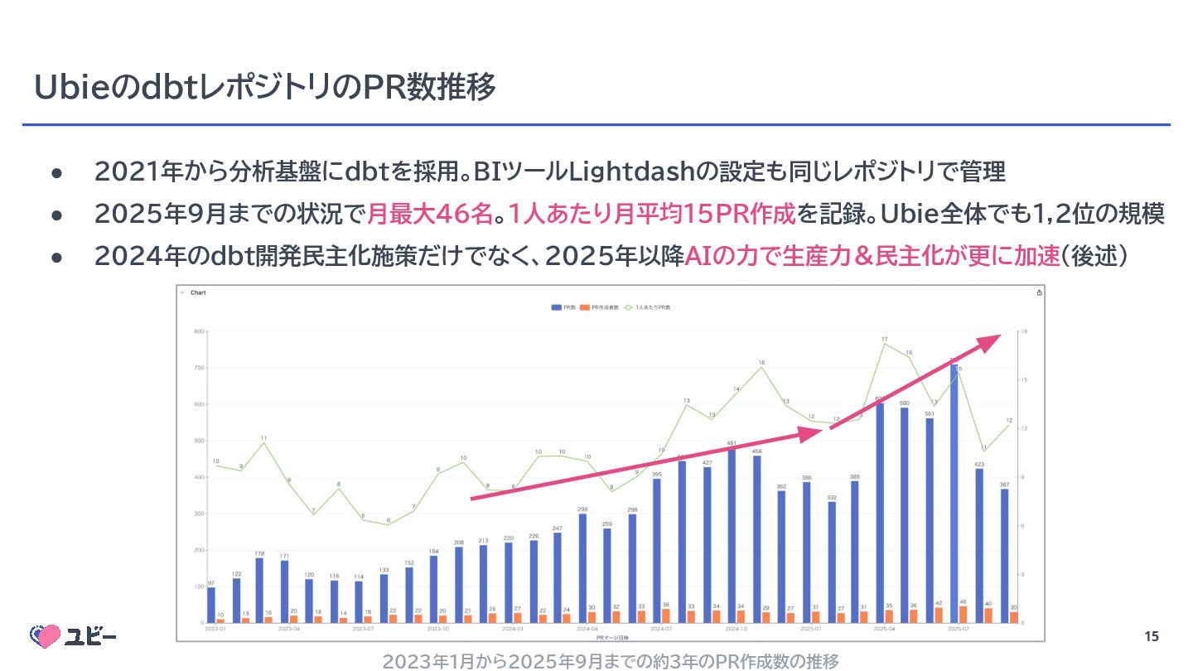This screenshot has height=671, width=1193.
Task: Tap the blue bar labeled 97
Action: pyautogui.click(x=210, y=605)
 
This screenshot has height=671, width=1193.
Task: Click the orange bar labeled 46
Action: pyautogui.click(x=963, y=614)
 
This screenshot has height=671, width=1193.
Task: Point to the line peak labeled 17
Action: pyautogui.click(x=886, y=344)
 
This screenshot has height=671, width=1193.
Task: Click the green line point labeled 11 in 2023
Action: pyautogui.click(x=263, y=442)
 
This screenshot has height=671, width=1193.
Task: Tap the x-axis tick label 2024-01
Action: pyautogui.click(x=513, y=630)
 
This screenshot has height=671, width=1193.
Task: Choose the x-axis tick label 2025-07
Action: pyautogui.click(x=959, y=630)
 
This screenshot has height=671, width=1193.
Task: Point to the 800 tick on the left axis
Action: pyautogui.click(x=199, y=331)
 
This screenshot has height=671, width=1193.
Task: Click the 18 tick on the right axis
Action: pyautogui.click(x=1025, y=331)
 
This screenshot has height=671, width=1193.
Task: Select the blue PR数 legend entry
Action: pyautogui.click(x=563, y=307)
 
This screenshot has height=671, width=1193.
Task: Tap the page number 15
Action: pyautogui.click(x=1152, y=637)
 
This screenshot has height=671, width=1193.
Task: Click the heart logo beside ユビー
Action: pyautogui.click(x=46, y=636)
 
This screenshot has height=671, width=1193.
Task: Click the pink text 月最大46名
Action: pyautogui.click(x=430, y=214)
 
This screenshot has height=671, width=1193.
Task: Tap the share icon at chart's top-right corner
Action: pyautogui.click(x=1040, y=292)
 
